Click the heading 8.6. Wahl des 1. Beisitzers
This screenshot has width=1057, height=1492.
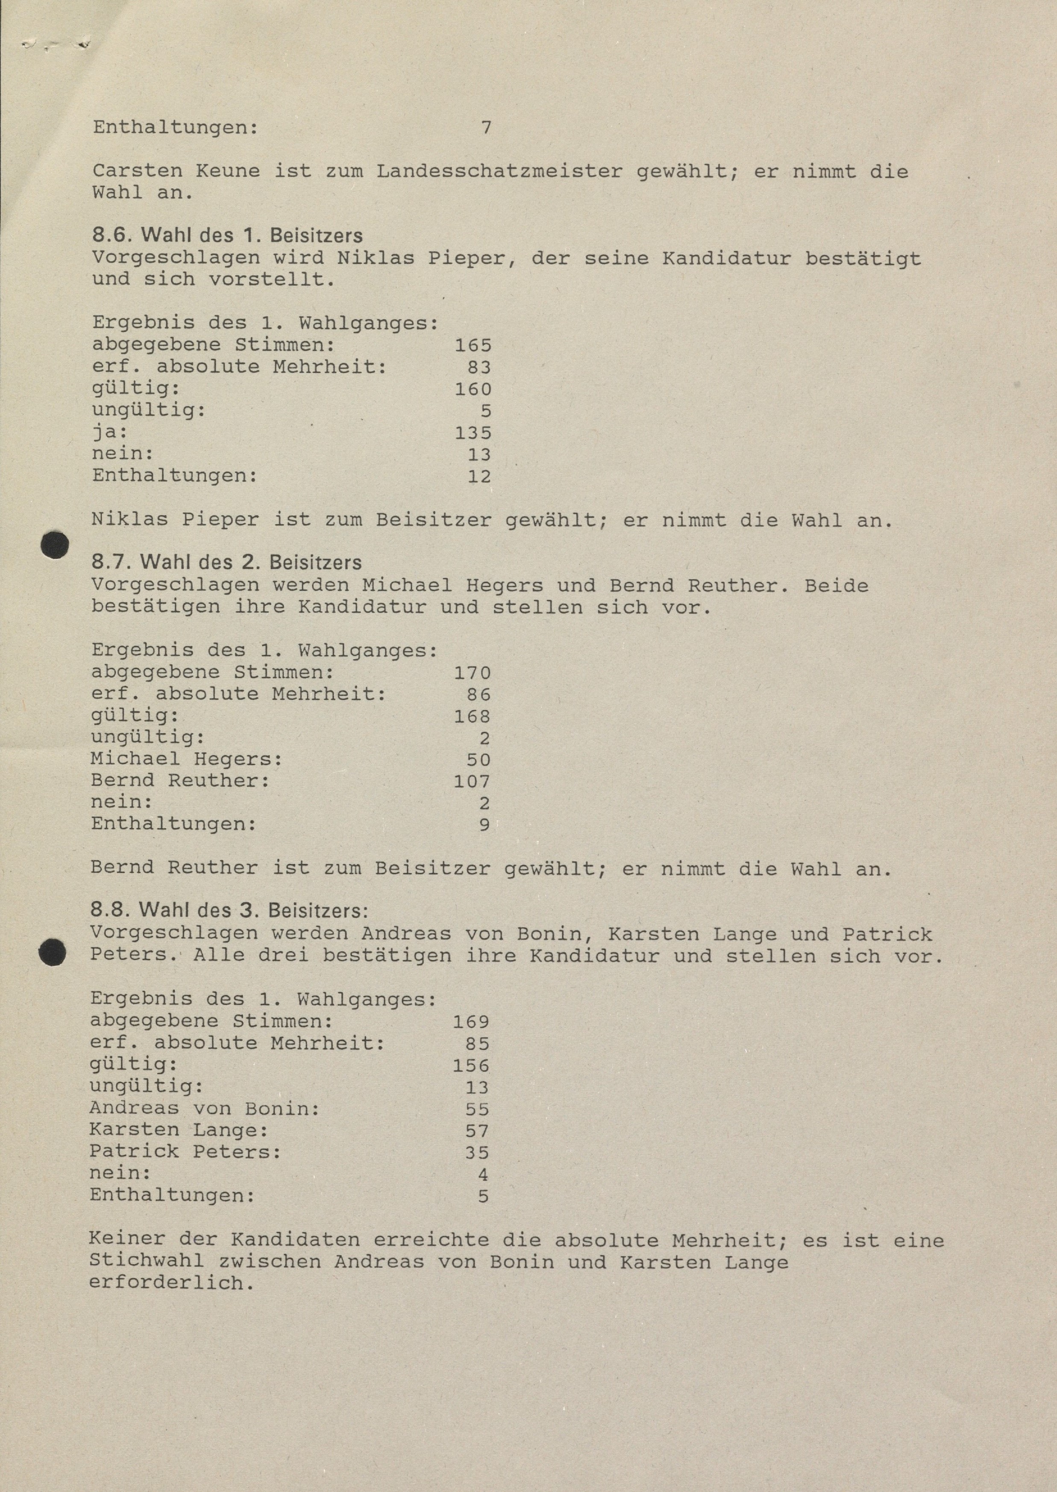(x=227, y=235)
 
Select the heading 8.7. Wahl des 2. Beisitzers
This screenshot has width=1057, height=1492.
(x=226, y=562)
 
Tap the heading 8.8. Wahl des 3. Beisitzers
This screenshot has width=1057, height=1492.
(x=229, y=910)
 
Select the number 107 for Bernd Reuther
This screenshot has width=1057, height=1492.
(x=472, y=781)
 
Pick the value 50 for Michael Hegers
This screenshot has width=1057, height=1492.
(x=479, y=759)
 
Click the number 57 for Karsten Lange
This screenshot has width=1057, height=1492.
(x=477, y=1131)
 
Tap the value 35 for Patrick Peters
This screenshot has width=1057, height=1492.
(x=477, y=1153)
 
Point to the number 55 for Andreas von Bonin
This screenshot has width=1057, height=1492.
(x=477, y=1109)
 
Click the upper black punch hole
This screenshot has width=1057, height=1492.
(x=55, y=545)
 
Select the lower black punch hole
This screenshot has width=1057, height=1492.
(x=53, y=953)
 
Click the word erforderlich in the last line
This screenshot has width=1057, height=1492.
(x=170, y=1284)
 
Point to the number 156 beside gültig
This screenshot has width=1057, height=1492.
(x=471, y=1065)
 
